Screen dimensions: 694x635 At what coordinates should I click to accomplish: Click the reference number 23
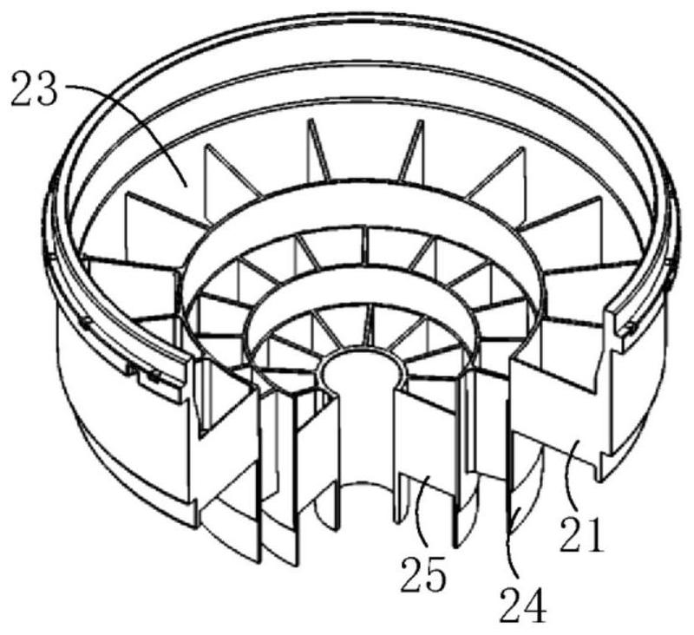34,90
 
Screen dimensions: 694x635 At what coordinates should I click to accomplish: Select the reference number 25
423,574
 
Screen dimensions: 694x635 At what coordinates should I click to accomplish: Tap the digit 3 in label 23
47,90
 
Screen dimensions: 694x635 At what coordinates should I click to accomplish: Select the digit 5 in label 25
435,574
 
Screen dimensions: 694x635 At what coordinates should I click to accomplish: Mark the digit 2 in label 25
411,574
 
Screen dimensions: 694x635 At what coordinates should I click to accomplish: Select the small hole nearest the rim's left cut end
154,376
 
